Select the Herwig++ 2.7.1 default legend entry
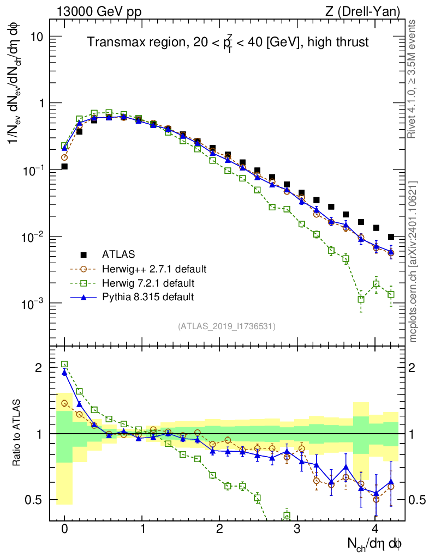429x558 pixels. [154, 269]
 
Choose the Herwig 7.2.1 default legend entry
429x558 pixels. [148, 283]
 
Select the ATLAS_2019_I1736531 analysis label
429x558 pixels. [227, 326]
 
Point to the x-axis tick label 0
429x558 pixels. [64, 529]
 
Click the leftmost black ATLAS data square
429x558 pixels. [64, 167]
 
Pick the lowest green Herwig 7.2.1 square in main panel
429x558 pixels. [361, 299]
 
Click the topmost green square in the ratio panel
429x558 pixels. [64, 364]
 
